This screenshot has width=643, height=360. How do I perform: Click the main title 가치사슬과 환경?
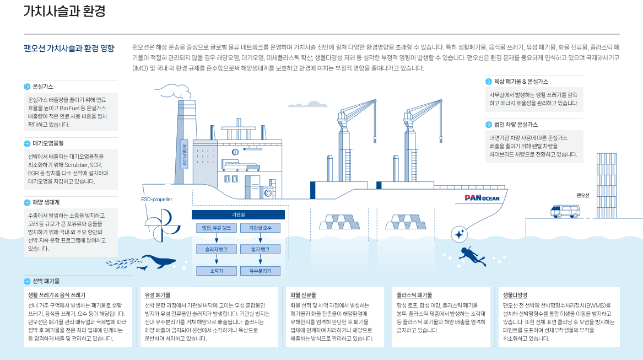pos(64,11)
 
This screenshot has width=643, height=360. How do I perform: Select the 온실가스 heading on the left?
pos(42,87)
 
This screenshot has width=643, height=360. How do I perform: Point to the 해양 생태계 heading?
pos(46,202)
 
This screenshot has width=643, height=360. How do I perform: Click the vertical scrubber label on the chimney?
pos(185,154)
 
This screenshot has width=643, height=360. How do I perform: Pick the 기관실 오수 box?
pos(261,228)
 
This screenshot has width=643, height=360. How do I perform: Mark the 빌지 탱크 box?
pos(261,250)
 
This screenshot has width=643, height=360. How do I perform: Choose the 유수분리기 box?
pos(261,271)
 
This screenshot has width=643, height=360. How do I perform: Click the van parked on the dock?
pos(565,211)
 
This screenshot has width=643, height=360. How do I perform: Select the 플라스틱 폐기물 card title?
pos(414,295)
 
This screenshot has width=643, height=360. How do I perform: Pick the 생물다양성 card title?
pos(515,295)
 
